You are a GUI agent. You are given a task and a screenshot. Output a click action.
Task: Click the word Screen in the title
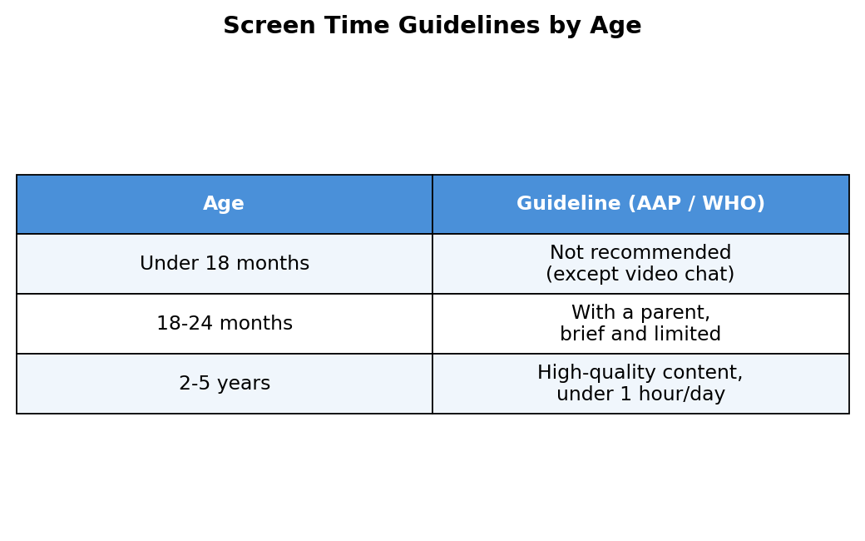[269, 26]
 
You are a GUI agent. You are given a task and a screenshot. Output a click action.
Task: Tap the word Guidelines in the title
[469, 26]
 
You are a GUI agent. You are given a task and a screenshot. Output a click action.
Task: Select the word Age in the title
[615, 27]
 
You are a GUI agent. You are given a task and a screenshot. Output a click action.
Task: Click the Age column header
[224, 204]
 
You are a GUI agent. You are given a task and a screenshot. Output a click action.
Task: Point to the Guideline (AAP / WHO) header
[640, 203]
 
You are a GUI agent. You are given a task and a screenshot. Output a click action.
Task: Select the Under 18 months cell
[225, 263]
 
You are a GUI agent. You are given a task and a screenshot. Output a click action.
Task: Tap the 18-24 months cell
[225, 323]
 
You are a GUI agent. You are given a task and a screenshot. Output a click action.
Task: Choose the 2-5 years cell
[225, 383]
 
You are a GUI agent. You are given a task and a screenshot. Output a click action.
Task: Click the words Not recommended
[640, 252]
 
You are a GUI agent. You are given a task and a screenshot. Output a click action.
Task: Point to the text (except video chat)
[640, 274]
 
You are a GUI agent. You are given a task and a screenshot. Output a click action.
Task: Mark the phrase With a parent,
[640, 313]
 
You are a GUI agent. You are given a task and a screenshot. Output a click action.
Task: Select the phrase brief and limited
[640, 334]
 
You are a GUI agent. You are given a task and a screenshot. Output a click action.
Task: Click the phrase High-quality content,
[640, 373]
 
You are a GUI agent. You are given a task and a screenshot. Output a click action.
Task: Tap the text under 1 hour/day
[640, 395]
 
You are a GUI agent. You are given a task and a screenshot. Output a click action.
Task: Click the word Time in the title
[357, 26]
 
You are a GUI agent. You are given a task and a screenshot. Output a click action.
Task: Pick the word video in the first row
[657, 274]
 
